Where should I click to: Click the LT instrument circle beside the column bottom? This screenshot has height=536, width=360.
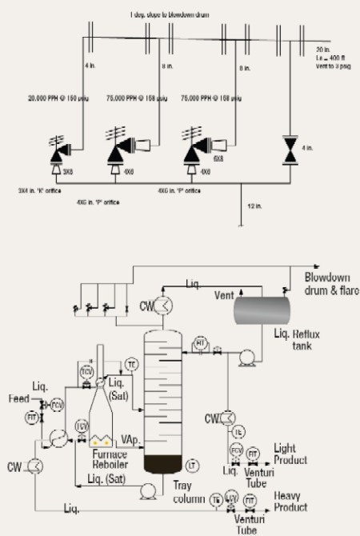pos(193,465)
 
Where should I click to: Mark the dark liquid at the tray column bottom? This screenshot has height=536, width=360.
pos(166,463)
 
